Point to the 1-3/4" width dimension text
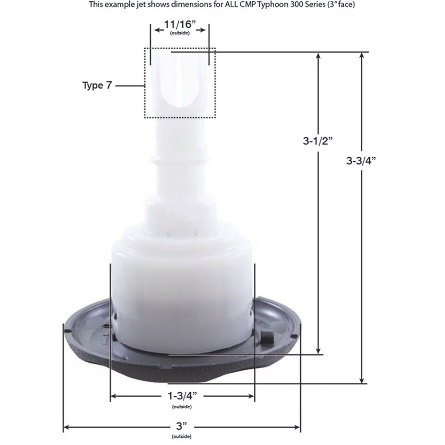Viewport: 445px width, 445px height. click(182, 396)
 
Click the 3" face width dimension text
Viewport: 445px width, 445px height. click(182, 427)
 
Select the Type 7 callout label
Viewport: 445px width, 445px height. click(97, 85)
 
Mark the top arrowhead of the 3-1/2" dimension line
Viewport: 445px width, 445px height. click(319, 56)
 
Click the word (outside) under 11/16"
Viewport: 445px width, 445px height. click(180, 33)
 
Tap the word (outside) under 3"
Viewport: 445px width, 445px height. click(182, 436)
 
